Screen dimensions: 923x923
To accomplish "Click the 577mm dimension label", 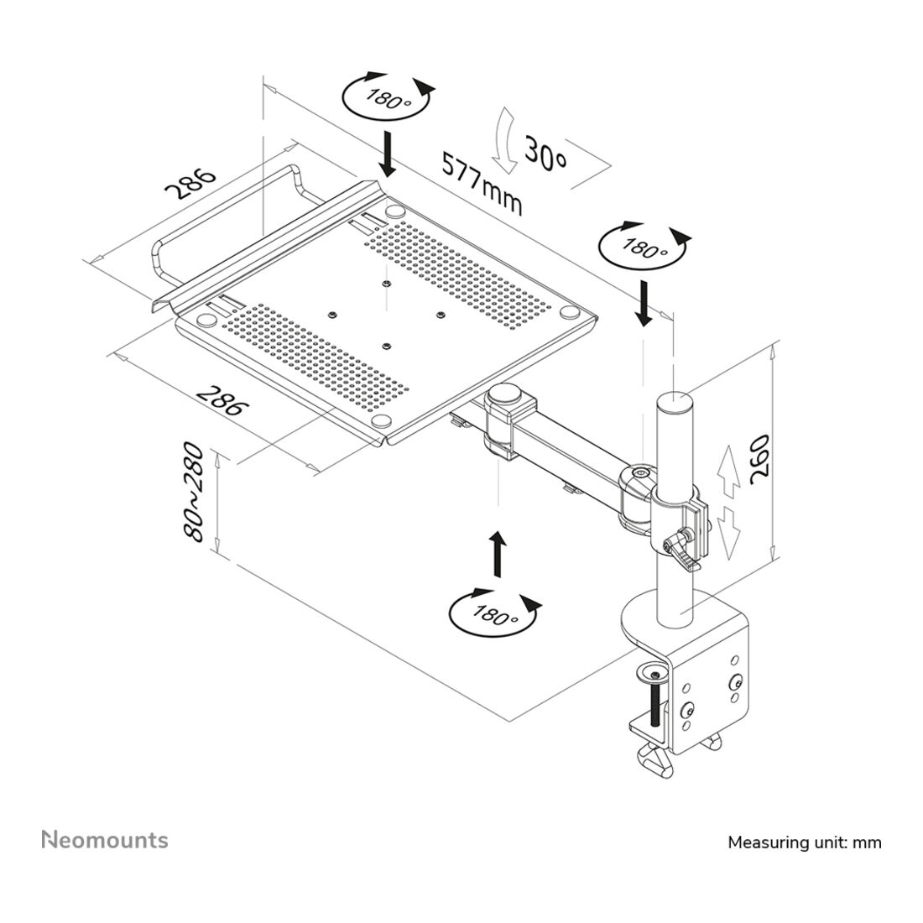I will click(482, 184).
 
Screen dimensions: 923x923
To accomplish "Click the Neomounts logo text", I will click(105, 840).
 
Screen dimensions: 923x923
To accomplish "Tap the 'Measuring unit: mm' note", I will click(805, 842).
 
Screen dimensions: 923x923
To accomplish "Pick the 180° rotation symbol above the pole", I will click(644, 247).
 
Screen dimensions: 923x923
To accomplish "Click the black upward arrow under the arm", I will click(498, 554).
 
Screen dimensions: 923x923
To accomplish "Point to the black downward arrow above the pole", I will click(644, 304).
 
